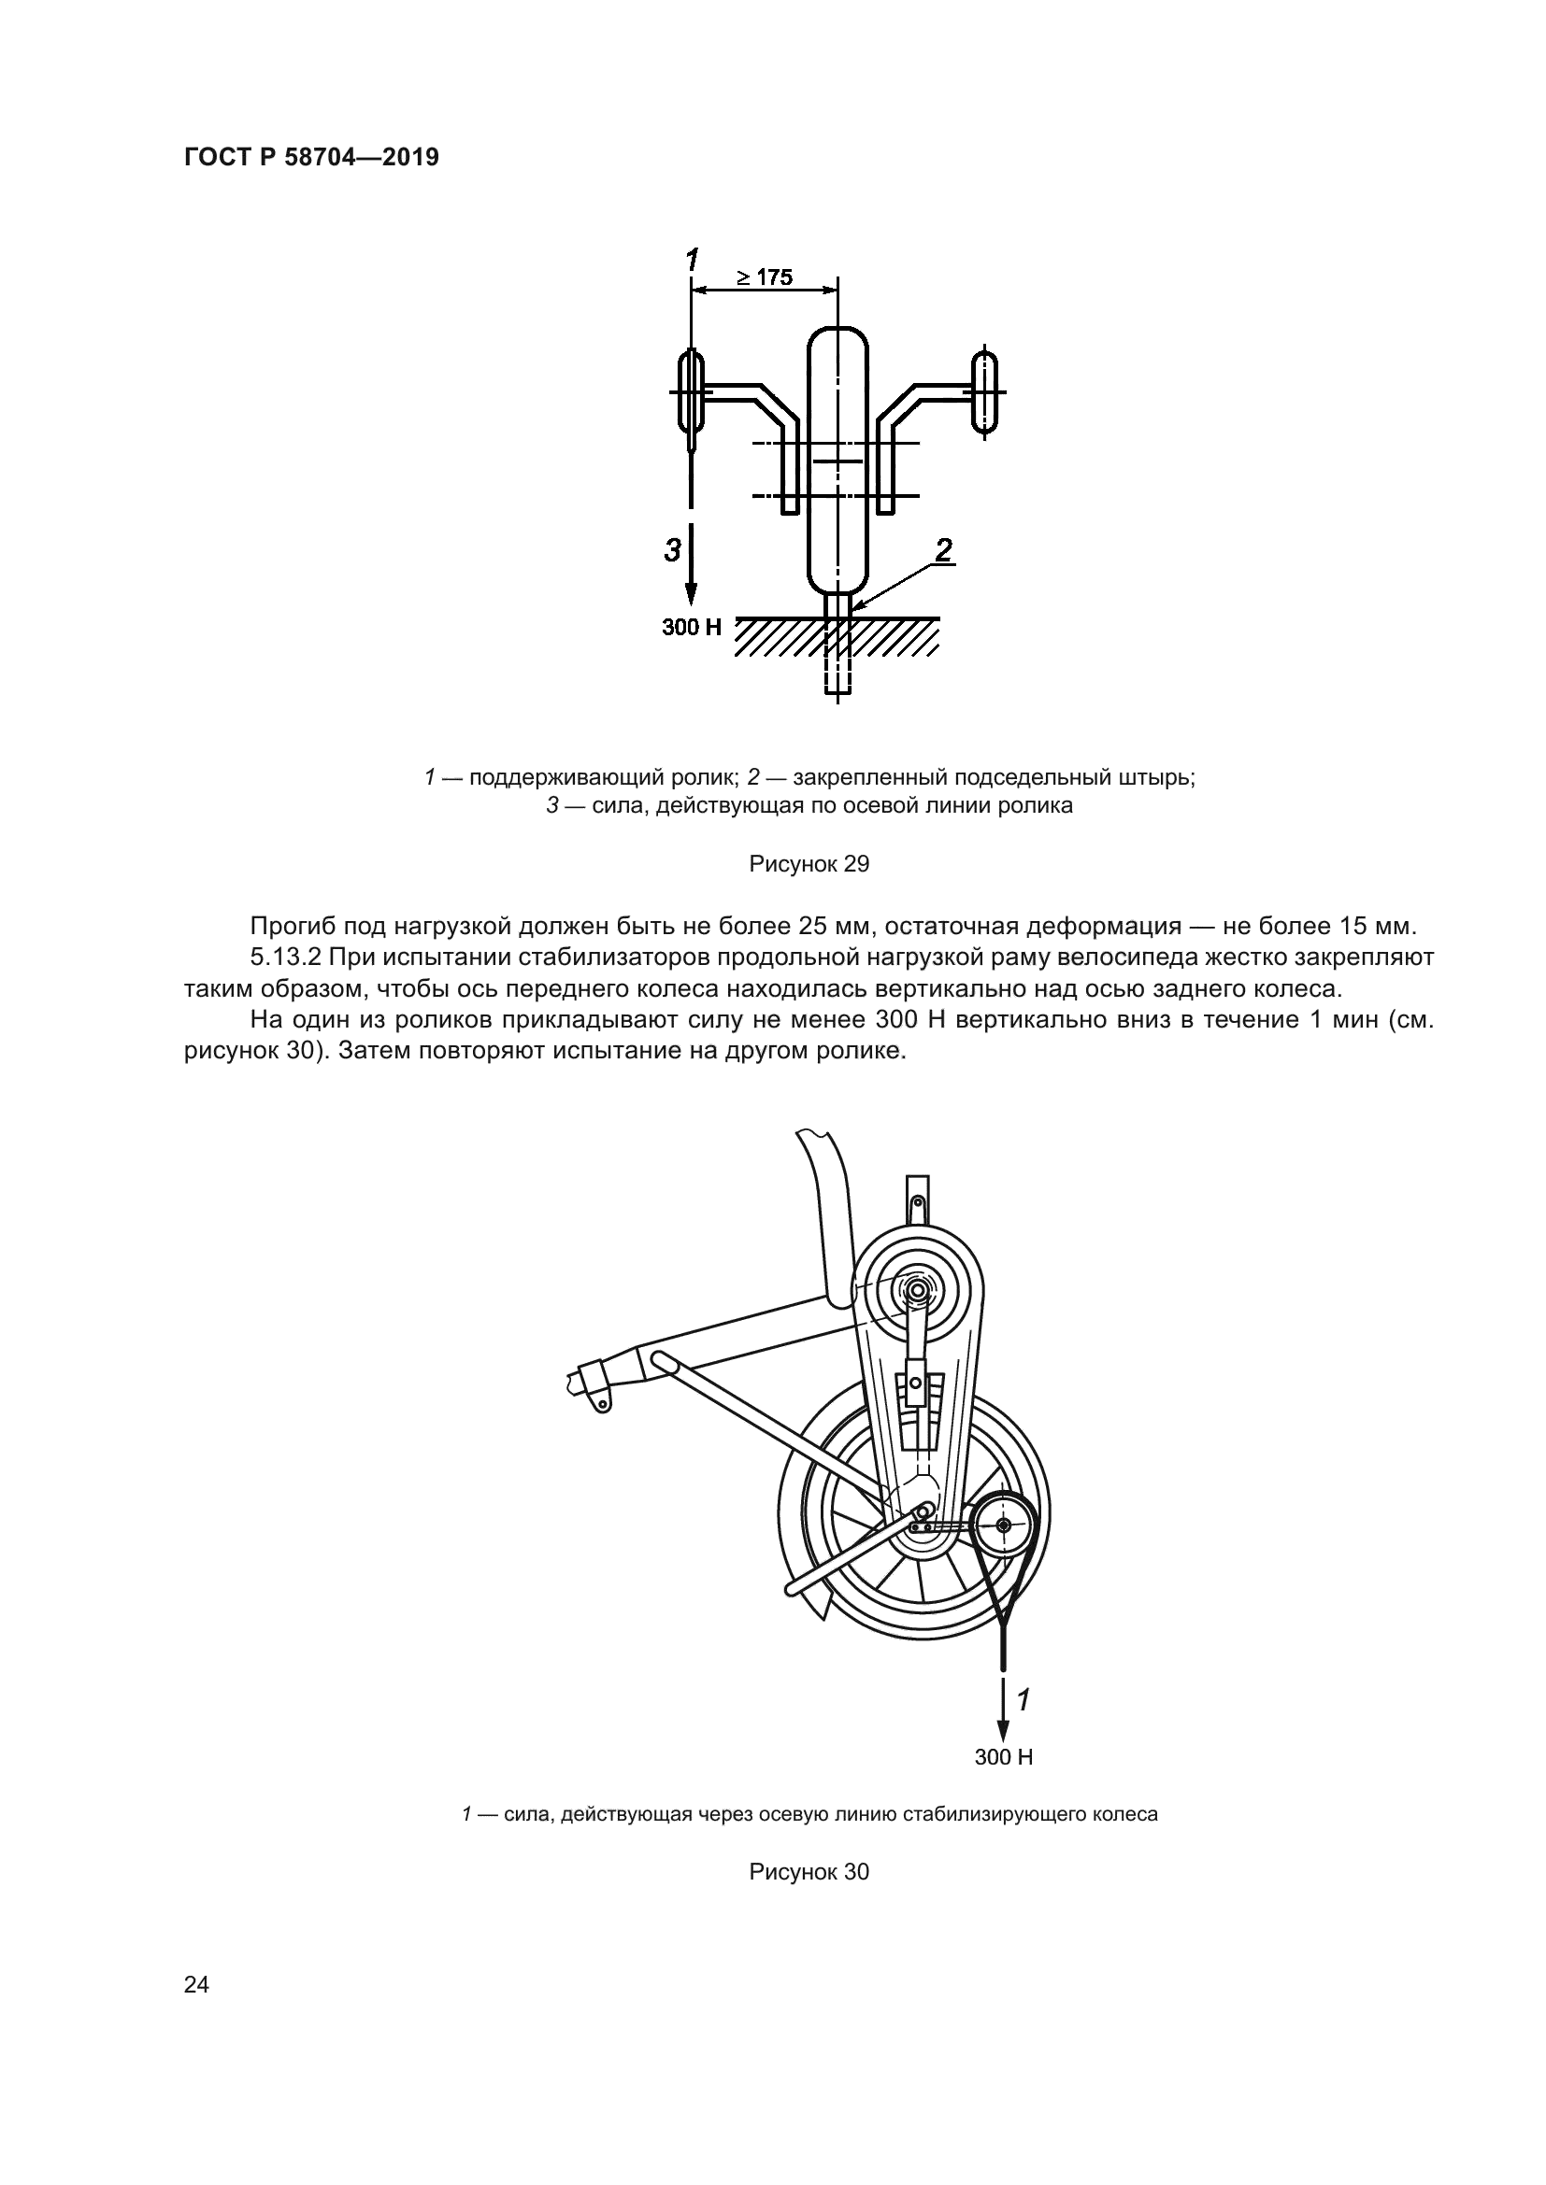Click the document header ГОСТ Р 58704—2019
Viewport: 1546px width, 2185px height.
311,158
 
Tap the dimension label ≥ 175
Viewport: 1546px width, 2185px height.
764,277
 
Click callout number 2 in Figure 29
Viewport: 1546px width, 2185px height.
943,550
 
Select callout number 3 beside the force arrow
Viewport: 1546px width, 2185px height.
673,550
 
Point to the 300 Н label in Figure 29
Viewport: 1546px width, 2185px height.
692,627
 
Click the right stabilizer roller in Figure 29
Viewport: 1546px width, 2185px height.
984,393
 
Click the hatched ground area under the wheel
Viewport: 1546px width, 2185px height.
837,638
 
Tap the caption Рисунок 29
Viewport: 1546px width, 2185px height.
809,864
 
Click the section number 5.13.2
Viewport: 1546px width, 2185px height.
286,957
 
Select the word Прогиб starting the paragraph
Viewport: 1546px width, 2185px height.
292,925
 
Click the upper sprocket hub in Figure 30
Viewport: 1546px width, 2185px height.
917,1291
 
